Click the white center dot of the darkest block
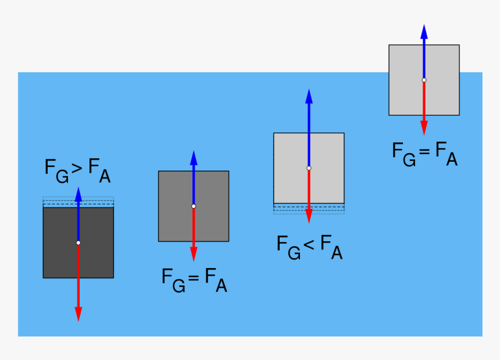tap(78, 243)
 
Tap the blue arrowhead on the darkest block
tap(78, 194)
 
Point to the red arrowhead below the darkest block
tap(78, 313)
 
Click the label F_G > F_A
tap(77, 170)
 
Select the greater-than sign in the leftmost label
tap(76, 168)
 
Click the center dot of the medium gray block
tap(194, 206)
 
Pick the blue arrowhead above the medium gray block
tap(194, 158)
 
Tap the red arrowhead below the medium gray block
tap(194, 254)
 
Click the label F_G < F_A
tap(309, 247)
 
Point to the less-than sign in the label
tap(309, 244)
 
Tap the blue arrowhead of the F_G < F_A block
tap(309, 97)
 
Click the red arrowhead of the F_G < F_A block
tap(309, 216)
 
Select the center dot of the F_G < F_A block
tap(309, 168)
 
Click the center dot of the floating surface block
tap(424, 80)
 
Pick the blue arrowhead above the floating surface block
tap(424, 32)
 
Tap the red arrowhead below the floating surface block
tap(424, 127)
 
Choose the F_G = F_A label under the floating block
tap(425, 154)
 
